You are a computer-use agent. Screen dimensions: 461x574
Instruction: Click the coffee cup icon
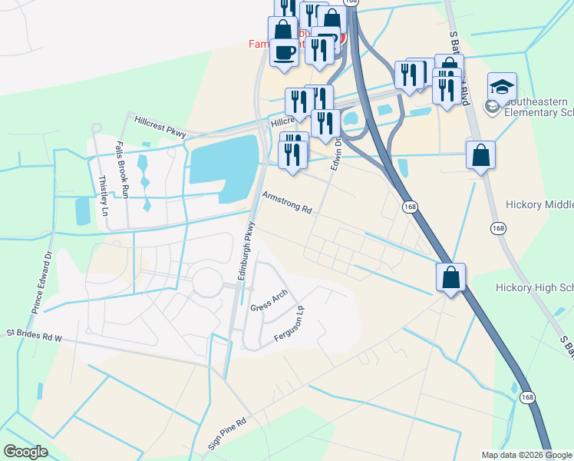click(285, 53)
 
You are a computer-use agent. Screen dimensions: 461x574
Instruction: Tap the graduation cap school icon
click(502, 87)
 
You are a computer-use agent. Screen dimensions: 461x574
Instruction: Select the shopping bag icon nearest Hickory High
click(451, 277)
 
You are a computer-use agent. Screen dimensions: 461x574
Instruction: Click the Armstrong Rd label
click(288, 203)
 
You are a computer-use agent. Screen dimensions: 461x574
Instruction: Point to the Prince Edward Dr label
click(42, 280)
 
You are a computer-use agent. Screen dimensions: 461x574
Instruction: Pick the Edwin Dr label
click(335, 160)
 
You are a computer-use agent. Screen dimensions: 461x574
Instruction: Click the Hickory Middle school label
click(539, 205)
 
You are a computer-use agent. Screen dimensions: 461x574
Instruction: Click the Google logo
click(25, 452)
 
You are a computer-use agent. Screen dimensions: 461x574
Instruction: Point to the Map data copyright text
click(527, 455)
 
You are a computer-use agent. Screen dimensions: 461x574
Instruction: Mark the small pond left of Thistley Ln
click(82, 210)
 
